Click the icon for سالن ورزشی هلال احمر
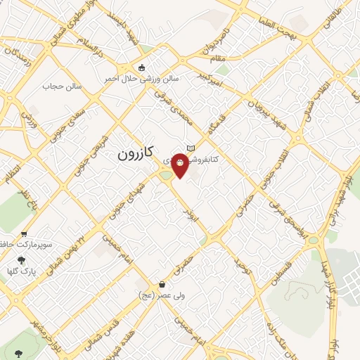point(142,68)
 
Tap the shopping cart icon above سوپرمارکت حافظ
point(25,235)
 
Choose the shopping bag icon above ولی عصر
point(163,285)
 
